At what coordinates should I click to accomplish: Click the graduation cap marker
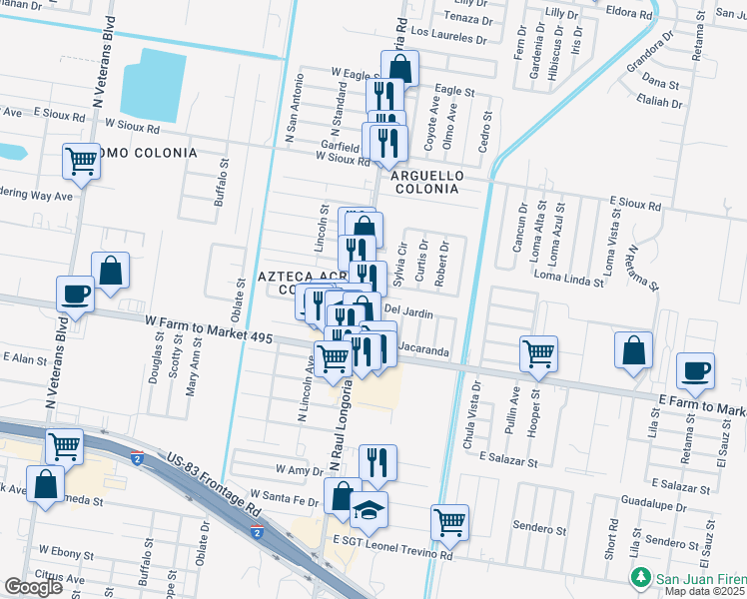[369, 509]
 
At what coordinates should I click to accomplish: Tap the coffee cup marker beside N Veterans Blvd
[76, 296]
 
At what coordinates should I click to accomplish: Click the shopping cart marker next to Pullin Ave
[538, 353]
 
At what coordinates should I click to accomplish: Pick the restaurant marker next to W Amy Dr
[377, 462]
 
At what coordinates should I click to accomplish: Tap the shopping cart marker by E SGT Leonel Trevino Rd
[449, 521]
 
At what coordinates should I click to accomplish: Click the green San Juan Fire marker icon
[639, 578]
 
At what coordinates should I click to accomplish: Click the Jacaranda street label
[423, 350]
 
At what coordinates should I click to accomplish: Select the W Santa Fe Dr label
[284, 494]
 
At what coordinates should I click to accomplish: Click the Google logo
[34, 587]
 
